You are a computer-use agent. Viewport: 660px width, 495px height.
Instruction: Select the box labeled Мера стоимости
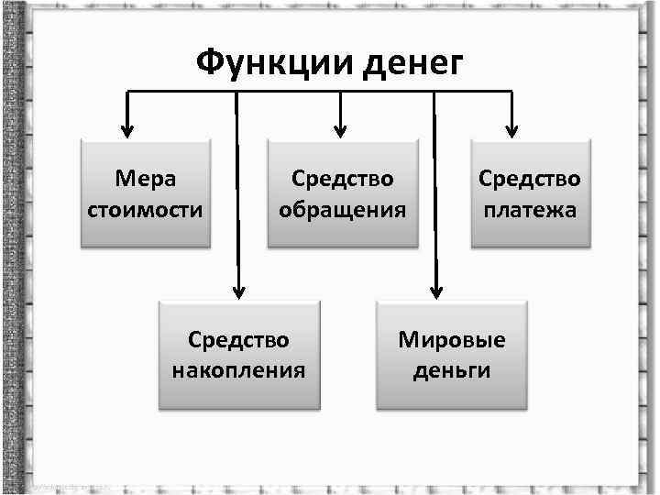[146, 192]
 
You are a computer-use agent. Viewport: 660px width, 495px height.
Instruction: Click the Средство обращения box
[342, 192]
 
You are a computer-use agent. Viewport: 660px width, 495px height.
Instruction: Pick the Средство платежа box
[530, 192]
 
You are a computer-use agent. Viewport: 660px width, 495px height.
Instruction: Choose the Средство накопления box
[238, 355]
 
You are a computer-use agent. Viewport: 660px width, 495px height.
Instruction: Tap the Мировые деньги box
[452, 355]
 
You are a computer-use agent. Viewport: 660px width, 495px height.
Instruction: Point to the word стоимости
[146, 209]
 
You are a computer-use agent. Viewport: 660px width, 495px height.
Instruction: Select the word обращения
[342, 209]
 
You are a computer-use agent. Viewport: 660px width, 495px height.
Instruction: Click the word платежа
[530, 209]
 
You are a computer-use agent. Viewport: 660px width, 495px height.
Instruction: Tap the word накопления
[238, 371]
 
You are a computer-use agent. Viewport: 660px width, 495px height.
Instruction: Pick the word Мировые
[452, 340]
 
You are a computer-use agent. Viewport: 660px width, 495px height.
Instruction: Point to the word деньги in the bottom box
[452, 371]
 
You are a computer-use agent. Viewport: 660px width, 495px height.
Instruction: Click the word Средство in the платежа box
[530, 178]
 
